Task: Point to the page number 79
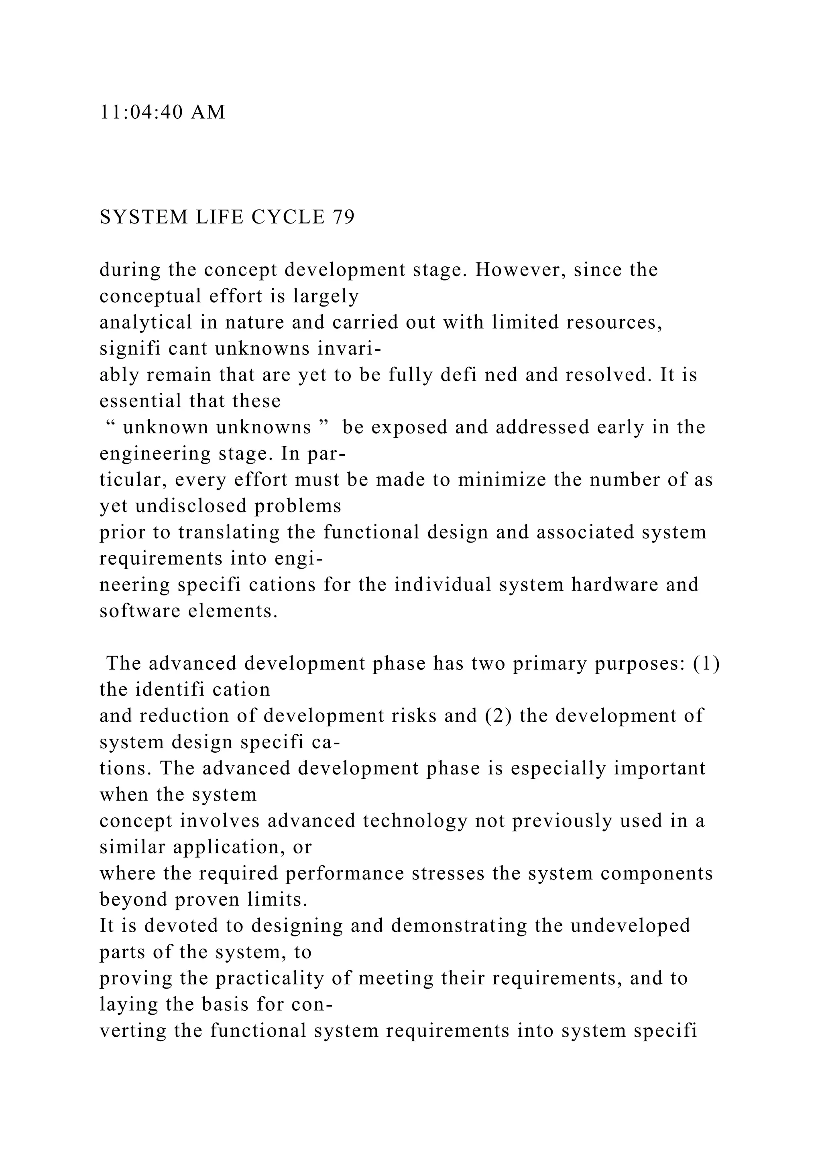(x=344, y=217)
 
